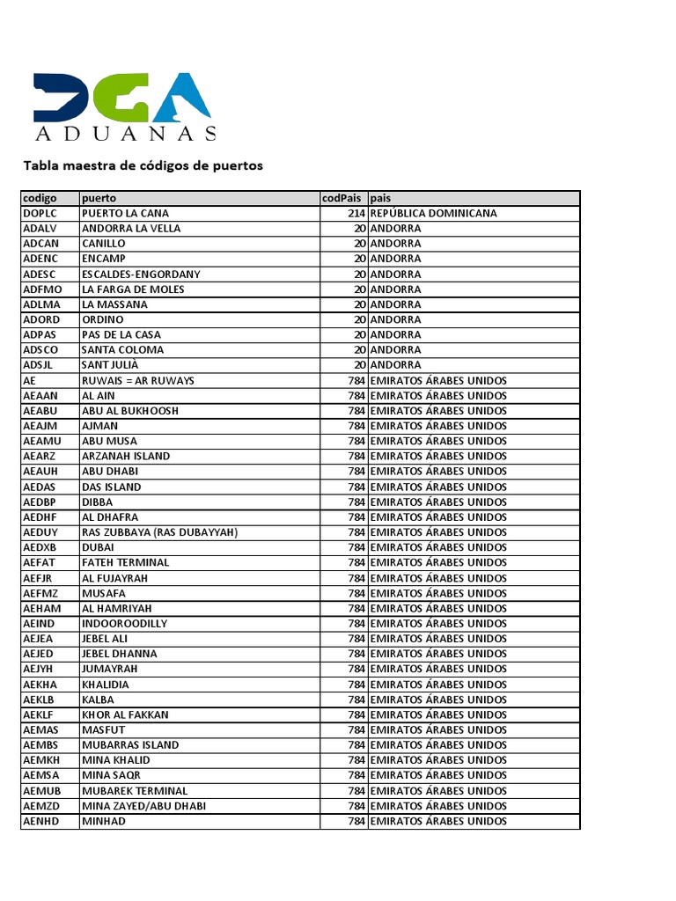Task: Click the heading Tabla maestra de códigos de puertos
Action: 143,165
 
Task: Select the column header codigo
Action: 40,198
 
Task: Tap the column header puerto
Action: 99,198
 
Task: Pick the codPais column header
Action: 342,198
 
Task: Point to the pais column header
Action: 381,198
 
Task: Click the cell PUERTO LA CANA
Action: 125,213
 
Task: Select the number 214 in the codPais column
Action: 356,213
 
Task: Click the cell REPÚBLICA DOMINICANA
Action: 434,213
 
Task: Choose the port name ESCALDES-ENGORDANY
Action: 141,274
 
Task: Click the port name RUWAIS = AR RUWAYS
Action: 138,380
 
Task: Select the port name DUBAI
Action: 98,547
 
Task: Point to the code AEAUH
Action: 41,471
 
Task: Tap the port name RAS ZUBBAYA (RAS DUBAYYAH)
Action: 159,532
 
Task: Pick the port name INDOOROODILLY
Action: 124,623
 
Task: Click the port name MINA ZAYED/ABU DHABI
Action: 143,805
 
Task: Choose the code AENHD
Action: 41,821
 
